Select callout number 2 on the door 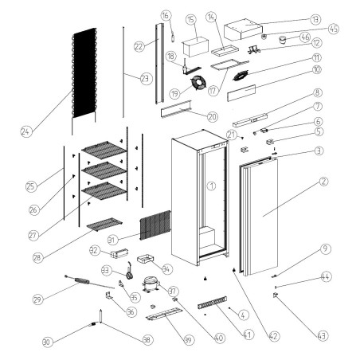coord(324,182)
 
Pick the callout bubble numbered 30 coord(47,342)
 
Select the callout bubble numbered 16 coord(166,15)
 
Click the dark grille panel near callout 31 coord(155,225)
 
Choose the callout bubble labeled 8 coord(317,93)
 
